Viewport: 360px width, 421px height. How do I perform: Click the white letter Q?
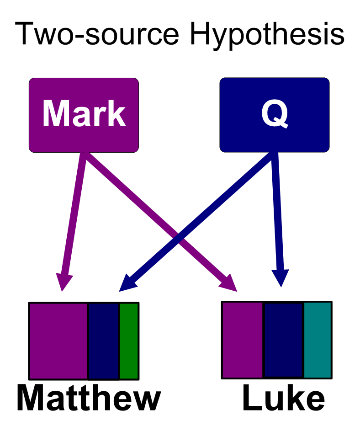tap(275, 114)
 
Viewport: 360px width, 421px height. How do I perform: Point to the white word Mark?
tap(84, 114)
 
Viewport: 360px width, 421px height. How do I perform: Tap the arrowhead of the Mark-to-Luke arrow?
tap(228, 282)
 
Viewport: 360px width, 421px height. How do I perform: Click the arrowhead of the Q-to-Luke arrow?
tap(280, 277)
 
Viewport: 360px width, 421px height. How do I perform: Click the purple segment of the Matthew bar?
tap(58, 341)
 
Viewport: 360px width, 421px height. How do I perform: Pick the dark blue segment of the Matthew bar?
tap(104, 341)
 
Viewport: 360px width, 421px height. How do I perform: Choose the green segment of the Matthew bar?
tap(129, 341)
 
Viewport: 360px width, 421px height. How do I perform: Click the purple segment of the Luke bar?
tap(243, 340)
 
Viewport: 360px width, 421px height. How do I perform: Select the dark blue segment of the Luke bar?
tap(284, 340)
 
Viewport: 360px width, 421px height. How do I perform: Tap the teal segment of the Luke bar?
tap(318, 340)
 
